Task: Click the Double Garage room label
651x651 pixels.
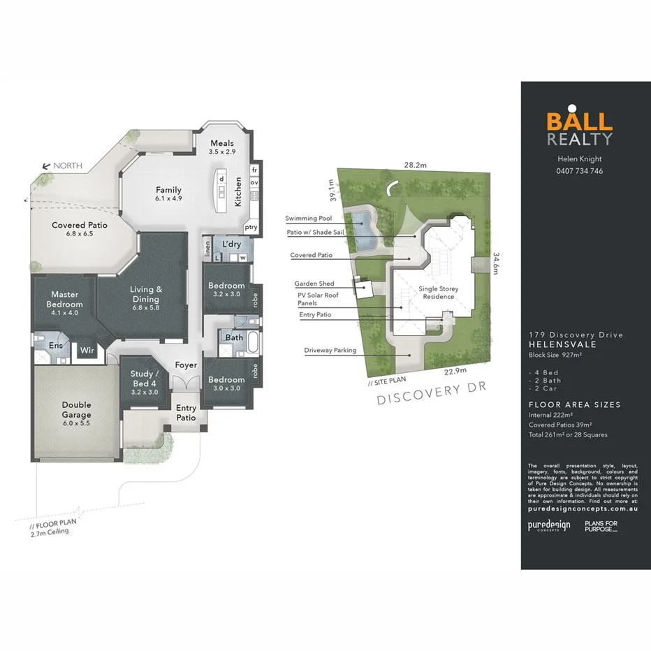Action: (76, 409)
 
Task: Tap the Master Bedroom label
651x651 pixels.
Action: (64, 299)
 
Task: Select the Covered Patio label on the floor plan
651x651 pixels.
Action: (80, 228)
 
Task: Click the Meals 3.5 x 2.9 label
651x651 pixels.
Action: (223, 147)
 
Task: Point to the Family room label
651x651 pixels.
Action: (168, 193)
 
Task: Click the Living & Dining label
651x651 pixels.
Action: (146, 294)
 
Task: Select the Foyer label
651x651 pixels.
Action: (186, 365)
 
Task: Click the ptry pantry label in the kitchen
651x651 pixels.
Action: (250, 228)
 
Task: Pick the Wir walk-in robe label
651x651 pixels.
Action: (87, 350)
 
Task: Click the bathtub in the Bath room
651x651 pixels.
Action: (254, 343)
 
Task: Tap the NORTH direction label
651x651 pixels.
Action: (68, 166)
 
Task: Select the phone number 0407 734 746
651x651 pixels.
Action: (579, 171)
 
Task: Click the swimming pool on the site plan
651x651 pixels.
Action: (363, 226)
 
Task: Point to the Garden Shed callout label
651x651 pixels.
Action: (314, 284)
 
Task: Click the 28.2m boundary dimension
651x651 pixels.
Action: (416, 166)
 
